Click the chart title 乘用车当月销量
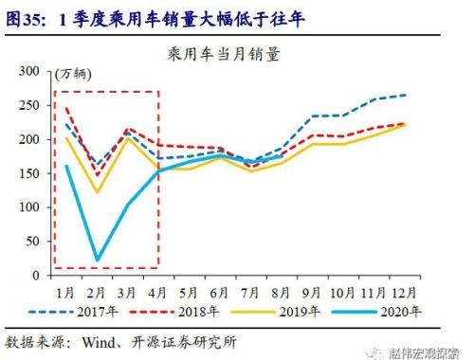click(236, 55)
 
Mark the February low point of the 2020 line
click(98, 260)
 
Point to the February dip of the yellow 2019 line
click(98, 192)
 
